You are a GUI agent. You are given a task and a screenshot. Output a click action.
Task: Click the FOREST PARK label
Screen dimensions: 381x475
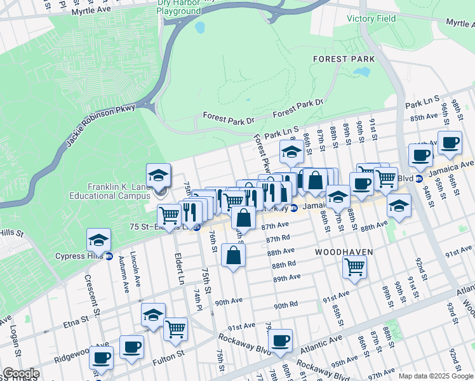pos(344,59)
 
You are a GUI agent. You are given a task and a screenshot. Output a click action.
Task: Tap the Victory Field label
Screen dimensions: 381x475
pos(371,18)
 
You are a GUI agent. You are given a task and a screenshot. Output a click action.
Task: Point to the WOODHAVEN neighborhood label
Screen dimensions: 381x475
pos(344,252)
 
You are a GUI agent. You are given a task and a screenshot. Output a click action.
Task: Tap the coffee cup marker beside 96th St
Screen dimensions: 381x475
pos(450,143)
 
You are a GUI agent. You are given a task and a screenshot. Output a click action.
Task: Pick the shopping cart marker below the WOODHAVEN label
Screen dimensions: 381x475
pos(354,267)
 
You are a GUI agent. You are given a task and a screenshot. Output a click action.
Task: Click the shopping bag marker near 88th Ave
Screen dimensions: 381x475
pos(234,255)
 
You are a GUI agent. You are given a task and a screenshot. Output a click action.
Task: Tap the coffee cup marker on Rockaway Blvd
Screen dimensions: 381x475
pos(280,340)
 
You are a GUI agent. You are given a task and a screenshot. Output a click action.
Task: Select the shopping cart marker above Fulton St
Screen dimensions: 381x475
pos(175,329)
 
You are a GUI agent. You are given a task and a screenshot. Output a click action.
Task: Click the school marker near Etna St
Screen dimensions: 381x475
pos(153,315)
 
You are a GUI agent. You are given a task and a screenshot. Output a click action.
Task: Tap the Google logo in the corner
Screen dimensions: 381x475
pos(21,373)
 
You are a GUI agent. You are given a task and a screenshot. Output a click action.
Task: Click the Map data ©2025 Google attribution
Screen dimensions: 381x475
pos(435,376)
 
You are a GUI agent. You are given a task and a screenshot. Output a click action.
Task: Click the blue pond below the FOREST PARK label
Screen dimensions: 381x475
pos(363,72)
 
